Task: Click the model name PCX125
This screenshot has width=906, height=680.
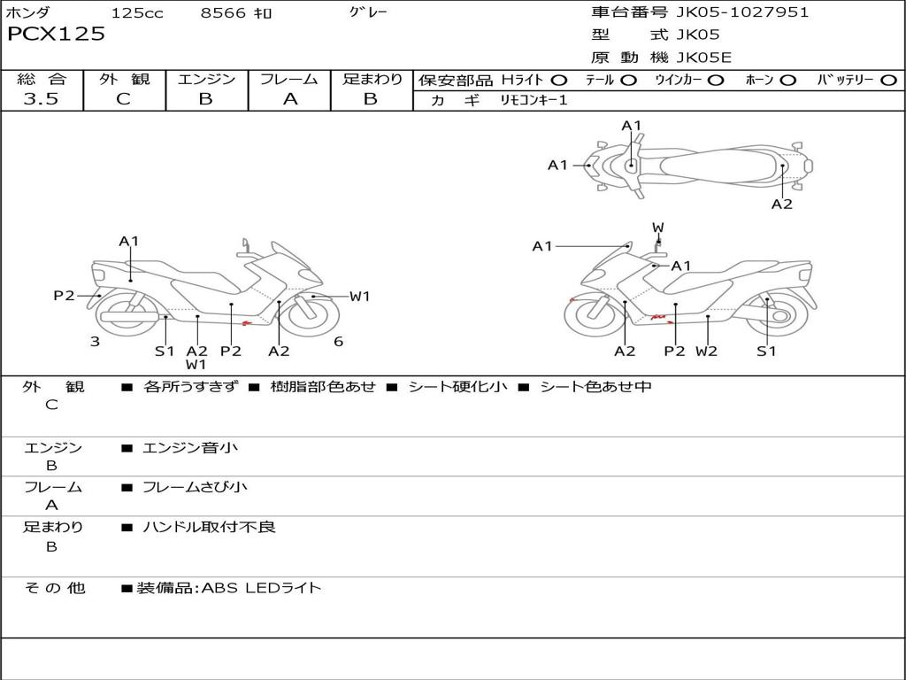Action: tap(56, 35)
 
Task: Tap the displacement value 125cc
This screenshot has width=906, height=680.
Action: tap(137, 12)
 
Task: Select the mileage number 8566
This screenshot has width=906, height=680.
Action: tap(224, 12)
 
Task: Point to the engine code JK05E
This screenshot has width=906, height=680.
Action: tap(704, 58)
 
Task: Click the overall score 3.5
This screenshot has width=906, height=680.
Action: tap(41, 99)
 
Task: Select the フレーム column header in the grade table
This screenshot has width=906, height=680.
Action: tap(289, 80)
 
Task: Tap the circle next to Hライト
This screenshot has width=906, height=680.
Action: tap(559, 81)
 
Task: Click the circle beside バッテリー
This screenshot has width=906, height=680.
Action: tap(888, 81)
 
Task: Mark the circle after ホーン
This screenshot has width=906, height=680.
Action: tap(788, 81)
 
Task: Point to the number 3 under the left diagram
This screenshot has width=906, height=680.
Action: tap(95, 342)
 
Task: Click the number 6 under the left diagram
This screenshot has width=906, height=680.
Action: tap(338, 342)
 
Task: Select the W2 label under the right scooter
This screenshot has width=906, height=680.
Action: tap(706, 351)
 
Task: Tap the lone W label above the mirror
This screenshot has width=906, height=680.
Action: tap(658, 228)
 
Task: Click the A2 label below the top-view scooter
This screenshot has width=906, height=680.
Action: tap(781, 205)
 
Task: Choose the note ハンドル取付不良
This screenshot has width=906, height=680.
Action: tap(209, 527)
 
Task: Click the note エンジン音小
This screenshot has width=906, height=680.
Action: tap(190, 448)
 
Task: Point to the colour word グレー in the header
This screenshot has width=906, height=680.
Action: tap(368, 12)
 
